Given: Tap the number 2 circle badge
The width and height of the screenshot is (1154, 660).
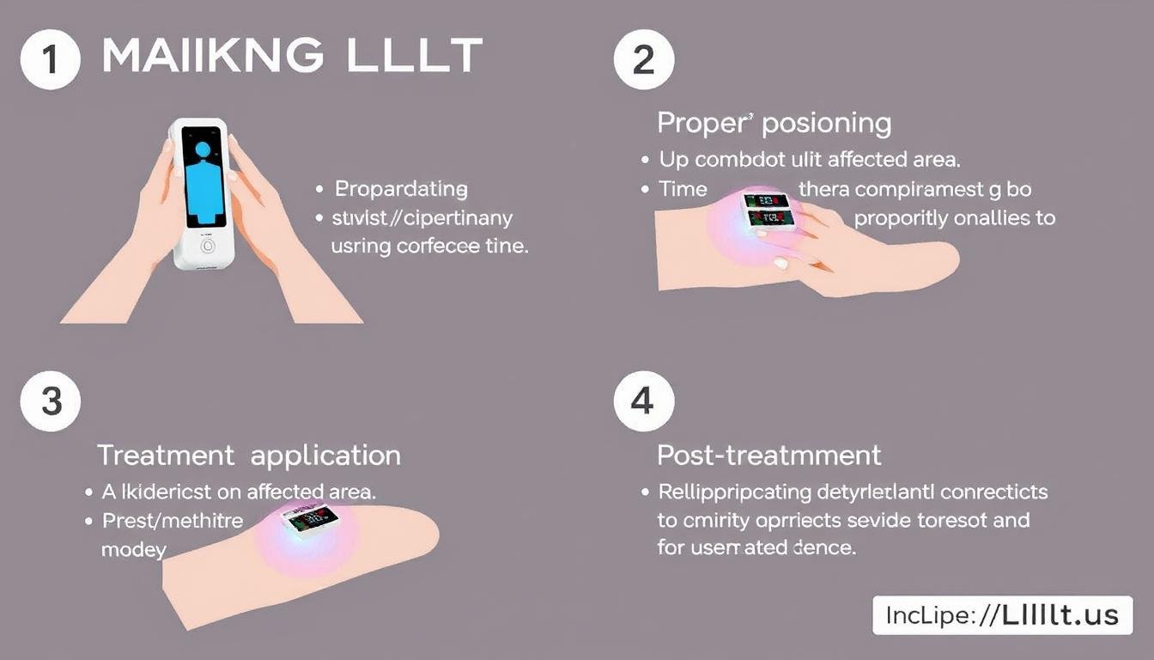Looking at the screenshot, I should tap(644, 59).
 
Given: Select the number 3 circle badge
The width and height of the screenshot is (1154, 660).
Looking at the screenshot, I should tap(51, 401).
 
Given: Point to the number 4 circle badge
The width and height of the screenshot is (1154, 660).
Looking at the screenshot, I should tap(644, 401).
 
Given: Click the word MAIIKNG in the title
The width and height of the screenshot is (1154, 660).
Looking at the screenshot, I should tap(212, 56).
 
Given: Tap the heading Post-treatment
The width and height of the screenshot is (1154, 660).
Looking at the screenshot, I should tap(769, 455).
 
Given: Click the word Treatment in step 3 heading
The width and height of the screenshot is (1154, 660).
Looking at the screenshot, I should tap(167, 455).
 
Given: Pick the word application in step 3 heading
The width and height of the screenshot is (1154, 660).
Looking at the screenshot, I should tap(325, 456).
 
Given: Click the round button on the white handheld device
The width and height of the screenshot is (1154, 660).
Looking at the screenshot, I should tap(206, 244).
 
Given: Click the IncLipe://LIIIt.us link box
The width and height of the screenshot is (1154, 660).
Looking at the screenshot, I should tap(1000, 614).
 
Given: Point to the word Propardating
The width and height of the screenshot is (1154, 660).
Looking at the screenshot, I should tap(401, 189).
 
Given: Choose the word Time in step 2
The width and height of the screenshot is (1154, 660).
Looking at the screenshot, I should tap(683, 189).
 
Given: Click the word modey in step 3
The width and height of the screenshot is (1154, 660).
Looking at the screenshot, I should tap(133, 549).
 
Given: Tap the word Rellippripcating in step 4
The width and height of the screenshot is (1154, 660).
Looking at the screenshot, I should tap(735, 493).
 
